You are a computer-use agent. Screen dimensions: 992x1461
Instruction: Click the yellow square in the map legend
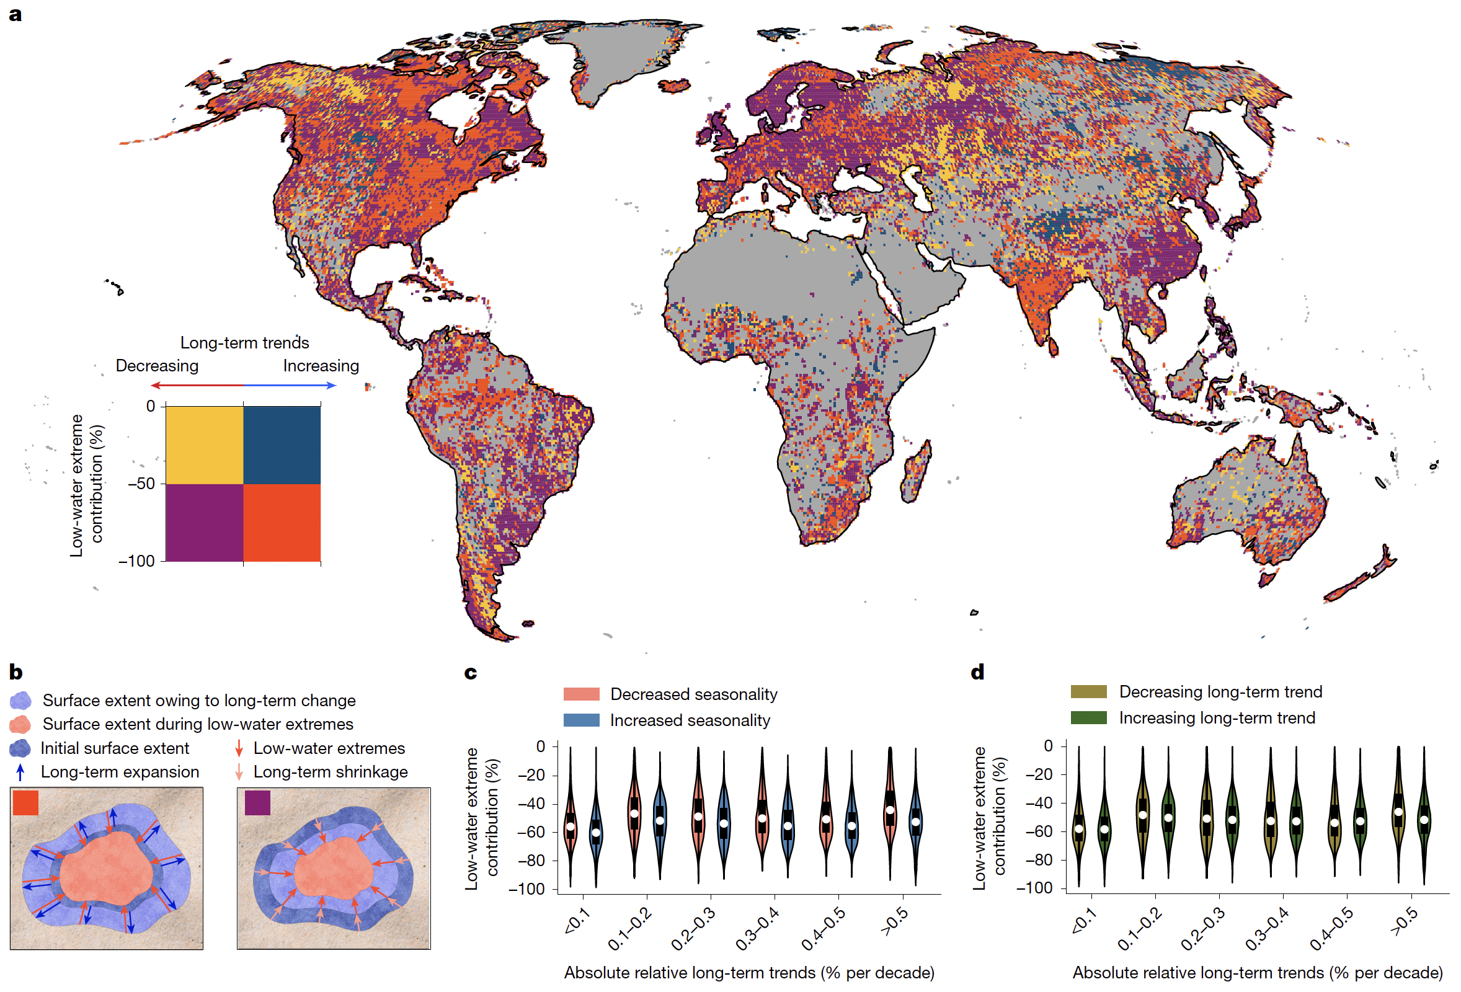coord(204,445)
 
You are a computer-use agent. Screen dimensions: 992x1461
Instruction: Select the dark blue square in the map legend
coord(282,445)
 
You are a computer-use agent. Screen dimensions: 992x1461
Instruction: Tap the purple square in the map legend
coord(204,523)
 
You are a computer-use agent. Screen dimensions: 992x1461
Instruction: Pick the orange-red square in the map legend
coord(282,523)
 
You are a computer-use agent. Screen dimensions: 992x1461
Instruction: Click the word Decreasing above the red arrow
coord(156,366)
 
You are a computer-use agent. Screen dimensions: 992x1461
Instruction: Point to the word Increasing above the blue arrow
coord(321,366)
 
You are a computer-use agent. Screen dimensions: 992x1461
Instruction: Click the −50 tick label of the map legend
coord(141,484)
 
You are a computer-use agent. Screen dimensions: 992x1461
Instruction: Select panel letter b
coord(16,673)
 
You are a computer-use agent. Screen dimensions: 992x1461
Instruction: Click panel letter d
coord(977,673)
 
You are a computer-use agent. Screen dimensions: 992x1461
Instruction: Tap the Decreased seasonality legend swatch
coord(581,694)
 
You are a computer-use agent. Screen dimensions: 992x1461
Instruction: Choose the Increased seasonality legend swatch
coord(581,720)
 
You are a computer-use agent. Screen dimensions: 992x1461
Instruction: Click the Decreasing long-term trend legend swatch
coord(1088,692)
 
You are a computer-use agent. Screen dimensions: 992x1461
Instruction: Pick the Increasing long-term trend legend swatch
coord(1088,718)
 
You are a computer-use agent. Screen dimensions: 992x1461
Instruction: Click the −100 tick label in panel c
coord(526,889)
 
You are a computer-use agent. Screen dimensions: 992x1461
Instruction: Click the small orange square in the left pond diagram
coord(25,803)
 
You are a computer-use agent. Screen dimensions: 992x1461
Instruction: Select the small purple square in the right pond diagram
coord(257,803)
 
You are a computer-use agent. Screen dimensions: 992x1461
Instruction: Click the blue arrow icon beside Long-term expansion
coord(20,772)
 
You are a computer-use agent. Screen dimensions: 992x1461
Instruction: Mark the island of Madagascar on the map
coord(915,471)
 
